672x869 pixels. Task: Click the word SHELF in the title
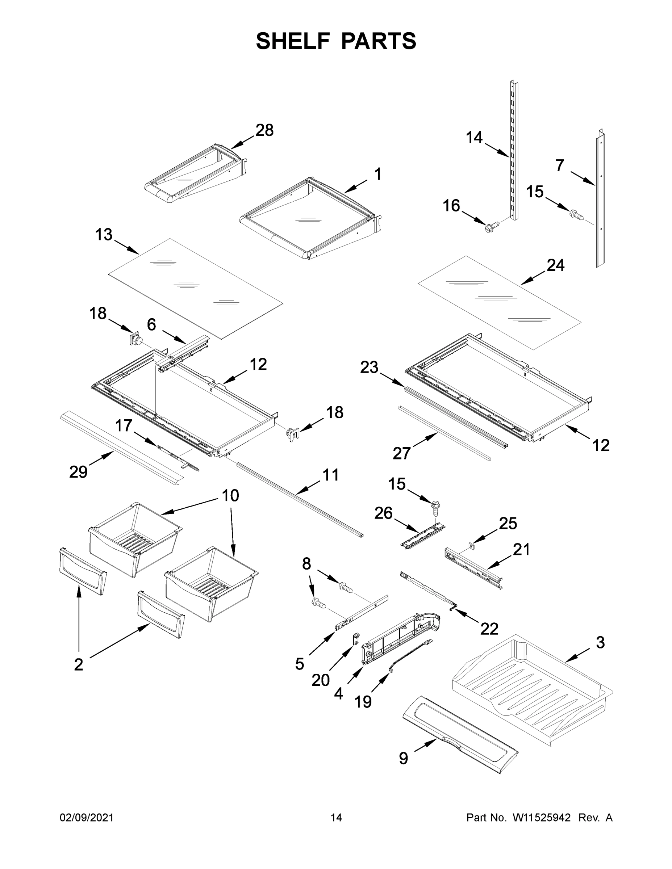tap(293, 41)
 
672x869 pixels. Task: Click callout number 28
tap(264, 130)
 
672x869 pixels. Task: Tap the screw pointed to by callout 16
tap(488, 228)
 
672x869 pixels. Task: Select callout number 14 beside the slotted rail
tap(474, 138)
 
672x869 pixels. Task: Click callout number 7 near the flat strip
tap(560, 165)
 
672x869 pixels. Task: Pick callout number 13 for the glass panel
tap(104, 235)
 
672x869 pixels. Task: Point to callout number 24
tap(555, 265)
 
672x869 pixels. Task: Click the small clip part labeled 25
tap(472, 546)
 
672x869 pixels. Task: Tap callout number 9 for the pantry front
tap(403, 759)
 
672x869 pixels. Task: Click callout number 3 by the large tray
tap(600, 642)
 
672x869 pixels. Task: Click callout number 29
tap(78, 472)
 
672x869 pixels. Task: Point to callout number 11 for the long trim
tap(330, 475)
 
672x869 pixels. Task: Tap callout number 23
tap(369, 368)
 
